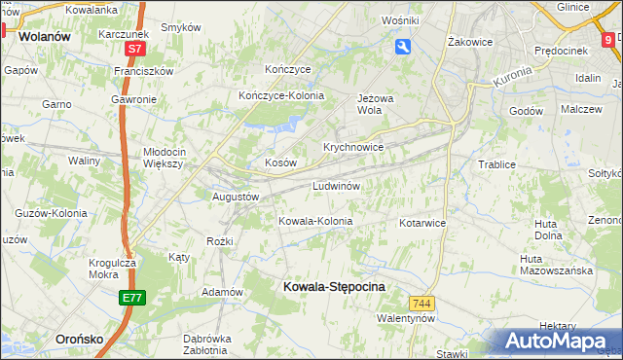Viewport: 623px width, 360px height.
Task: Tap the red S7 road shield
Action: (136, 48)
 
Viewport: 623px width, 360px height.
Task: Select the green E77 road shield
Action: (133, 298)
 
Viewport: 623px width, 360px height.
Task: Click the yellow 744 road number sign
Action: (421, 304)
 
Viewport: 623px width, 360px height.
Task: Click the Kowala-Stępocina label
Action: (333, 287)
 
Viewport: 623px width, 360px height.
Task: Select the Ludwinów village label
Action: (338, 185)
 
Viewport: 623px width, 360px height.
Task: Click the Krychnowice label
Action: (353, 147)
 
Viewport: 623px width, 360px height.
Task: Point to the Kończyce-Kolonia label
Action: (281, 95)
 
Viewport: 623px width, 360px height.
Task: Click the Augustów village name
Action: (236, 196)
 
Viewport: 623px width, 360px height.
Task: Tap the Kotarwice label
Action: (421, 223)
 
